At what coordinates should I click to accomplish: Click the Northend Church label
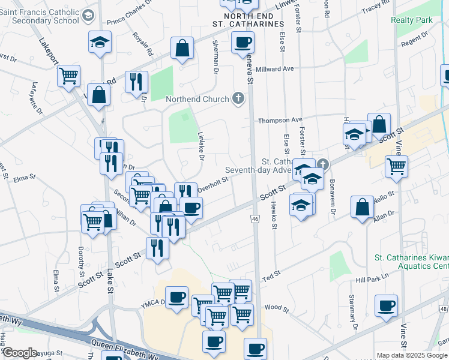pos(197,99)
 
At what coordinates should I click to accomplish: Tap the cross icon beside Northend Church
pos(238,98)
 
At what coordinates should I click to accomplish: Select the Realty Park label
pos(411,20)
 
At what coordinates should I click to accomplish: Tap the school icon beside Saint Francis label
pos(89,16)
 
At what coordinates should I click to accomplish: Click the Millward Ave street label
pos(276,69)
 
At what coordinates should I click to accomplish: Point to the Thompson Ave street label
pos(280,121)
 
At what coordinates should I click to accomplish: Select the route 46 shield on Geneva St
pos(255,220)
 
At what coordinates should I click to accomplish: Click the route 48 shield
pos(444,308)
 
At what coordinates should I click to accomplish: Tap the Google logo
pos(20,353)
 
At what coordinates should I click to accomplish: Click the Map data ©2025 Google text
pos(411,355)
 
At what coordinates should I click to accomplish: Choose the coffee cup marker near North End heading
pos(243,43)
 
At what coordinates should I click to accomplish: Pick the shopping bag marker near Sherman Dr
pos(182,50)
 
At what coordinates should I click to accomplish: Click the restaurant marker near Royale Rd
pos(136,81)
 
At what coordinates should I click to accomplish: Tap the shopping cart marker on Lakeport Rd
pos(69,76)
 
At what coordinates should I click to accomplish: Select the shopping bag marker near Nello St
pos(363,208)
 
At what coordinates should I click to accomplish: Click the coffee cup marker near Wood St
pos(385,305)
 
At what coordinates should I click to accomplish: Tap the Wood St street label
pos(277,307)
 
